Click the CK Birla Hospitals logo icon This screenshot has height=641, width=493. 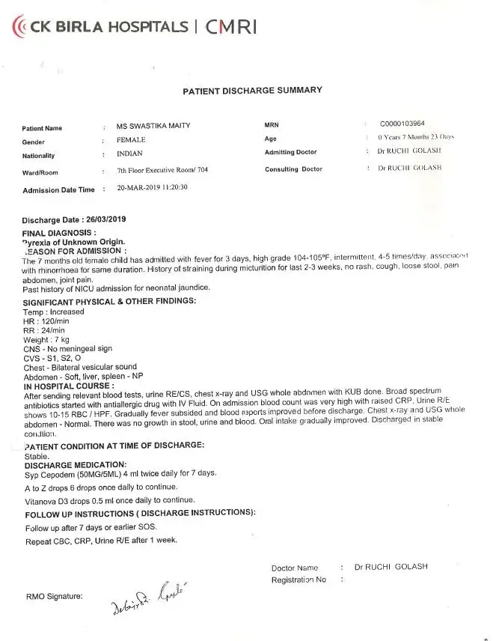click(x=20, y=27)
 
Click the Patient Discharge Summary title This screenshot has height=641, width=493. click(x=252, y=91)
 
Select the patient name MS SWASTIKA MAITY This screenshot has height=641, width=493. click(x=153, y=126)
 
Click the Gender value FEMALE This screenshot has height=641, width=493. click(x=131, y=140)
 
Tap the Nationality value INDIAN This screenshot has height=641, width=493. click(x=131, y=154)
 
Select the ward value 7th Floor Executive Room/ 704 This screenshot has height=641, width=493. click(x=162, y=170)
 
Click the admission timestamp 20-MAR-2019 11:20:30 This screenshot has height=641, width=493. click(x=152, y=187)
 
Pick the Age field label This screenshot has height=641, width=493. click(x=270, y=139)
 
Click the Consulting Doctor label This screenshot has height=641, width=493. click(x=293, y=169)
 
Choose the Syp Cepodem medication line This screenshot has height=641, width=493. click(x=120, y=474)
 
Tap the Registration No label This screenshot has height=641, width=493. click(x=298, y=580)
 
